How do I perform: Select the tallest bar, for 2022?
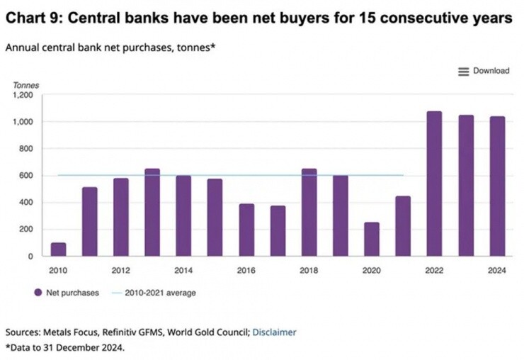coord(434,184)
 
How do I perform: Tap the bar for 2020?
coord(372,240)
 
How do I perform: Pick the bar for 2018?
coord(309,213)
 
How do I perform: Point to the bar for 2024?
coord(497,186)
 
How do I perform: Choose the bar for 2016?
coord(246,230)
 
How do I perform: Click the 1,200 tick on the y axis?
coord(23,95)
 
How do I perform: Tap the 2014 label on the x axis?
coord(183,270)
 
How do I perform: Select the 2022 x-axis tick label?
coord(434,270)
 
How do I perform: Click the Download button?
coord(491,71)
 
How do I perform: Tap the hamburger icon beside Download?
coord(464,71)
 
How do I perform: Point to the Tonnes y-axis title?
coord(26,85)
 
